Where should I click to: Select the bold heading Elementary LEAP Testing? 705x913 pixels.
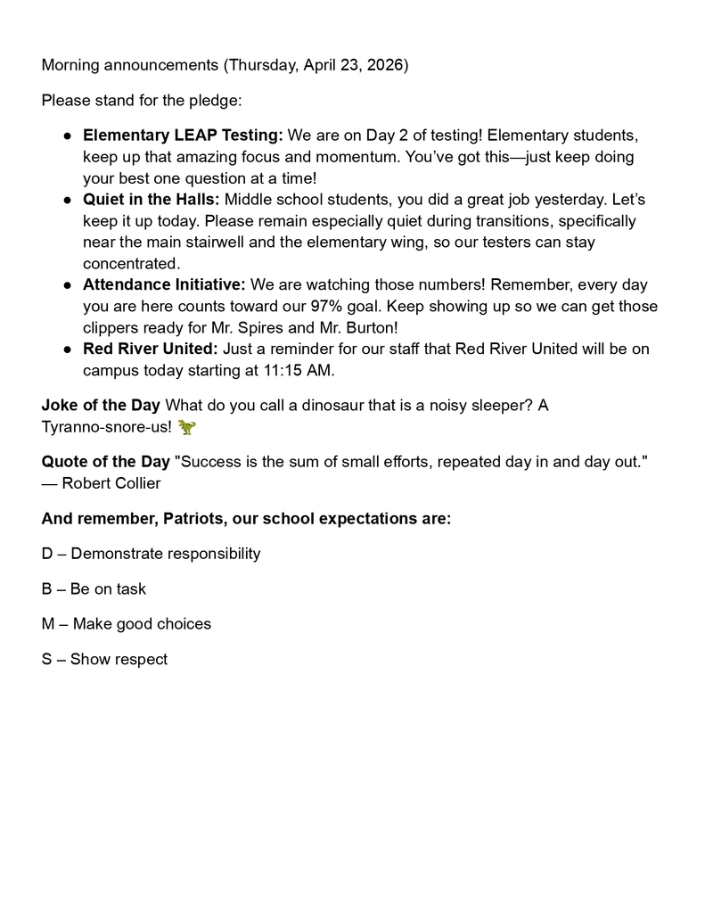point(183,136)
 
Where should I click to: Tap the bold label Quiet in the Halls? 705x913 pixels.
point(152,200)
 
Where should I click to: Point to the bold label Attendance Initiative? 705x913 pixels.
point(164,285)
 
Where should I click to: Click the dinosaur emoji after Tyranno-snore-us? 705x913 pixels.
point(186,427)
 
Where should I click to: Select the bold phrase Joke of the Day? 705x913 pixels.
point(101,406)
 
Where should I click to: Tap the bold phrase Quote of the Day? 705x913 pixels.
point(105,462)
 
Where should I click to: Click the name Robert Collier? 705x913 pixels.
point(111,483)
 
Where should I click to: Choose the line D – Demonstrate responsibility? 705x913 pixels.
point(151,554)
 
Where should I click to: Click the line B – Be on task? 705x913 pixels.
point(94,589)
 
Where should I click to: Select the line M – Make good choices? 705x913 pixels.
point(126,624)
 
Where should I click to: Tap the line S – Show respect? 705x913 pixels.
point(104,660)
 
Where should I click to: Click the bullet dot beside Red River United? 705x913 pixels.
point(67,350)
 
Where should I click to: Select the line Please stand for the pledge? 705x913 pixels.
point(142,100)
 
